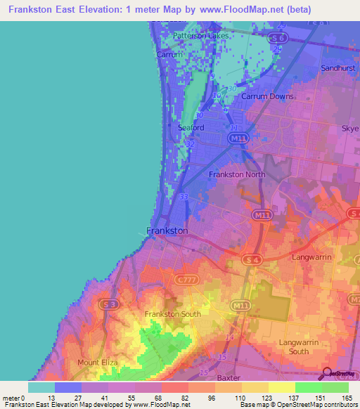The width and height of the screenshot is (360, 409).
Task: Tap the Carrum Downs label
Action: (x=262, y=96)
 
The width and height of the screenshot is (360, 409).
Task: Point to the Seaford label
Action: (x=191, y=128)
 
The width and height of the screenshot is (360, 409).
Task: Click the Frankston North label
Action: (x=237, y=174)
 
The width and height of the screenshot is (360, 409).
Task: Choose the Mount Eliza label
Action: (x=98, y=363)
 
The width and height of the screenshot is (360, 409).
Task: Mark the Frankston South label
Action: (x=172, y=314)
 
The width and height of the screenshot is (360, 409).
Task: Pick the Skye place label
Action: (x=349, y=129)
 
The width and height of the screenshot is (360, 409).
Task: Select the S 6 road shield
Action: (x=280, y=37)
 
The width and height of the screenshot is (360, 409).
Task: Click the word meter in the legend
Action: (x=12, y=397)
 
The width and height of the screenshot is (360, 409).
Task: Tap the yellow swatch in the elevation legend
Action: (x=281, y=387)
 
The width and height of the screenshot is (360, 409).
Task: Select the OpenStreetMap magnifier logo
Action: (x=328, y=374)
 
